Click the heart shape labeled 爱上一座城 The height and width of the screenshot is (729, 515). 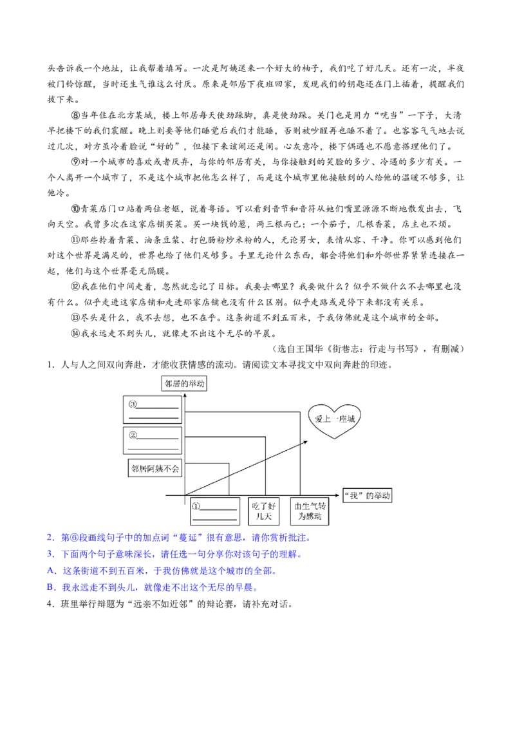(x=334, y=421)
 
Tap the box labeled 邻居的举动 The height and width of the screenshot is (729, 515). (x=185, y=384)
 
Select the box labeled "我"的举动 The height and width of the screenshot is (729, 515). (x=367, y=496)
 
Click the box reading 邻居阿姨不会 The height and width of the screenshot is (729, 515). (x=154, y=468)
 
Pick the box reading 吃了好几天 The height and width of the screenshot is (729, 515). (x=263, y=511)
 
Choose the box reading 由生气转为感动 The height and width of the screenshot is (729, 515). (x=310, y=511)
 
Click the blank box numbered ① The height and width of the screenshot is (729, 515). (x=215, y=511)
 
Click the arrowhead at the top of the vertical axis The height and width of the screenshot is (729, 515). (x=185, y=395)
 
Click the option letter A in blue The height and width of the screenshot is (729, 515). (x=50, y=571)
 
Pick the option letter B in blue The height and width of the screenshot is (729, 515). (x=50, y=588)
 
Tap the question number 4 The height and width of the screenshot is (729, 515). (x=50, y=605)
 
